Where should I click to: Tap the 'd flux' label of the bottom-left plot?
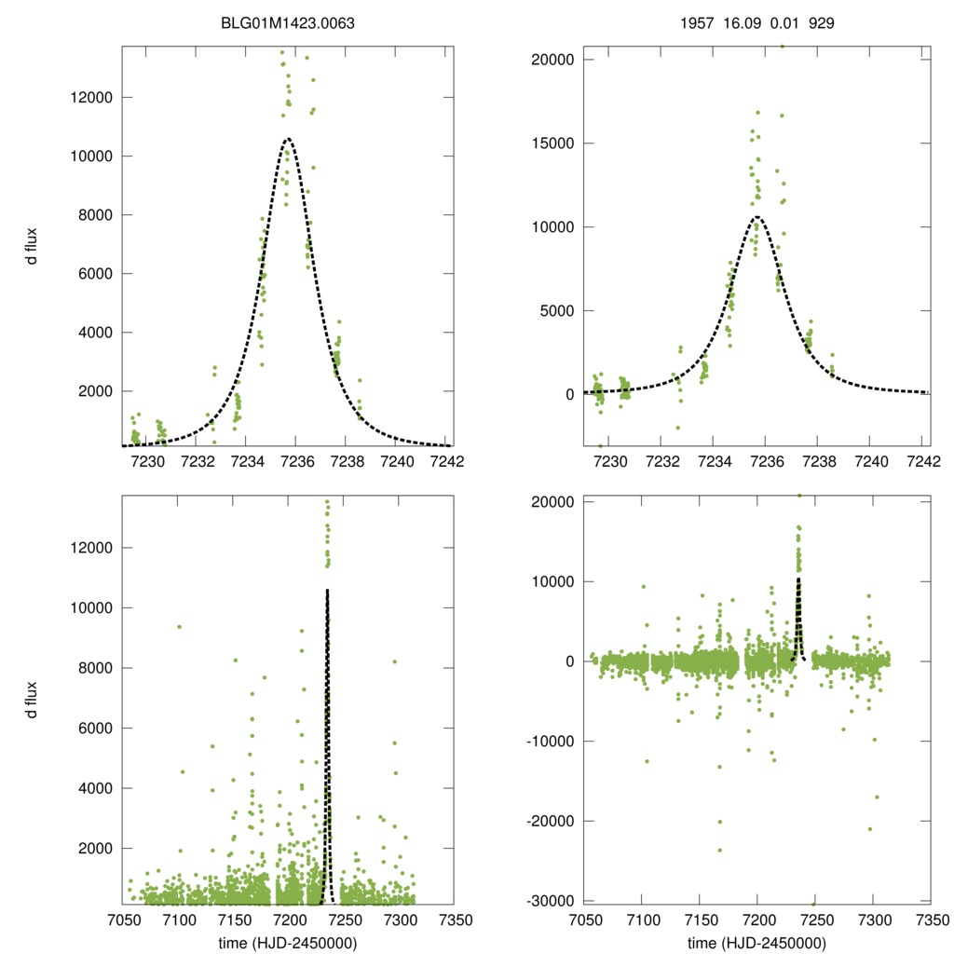point(33,699)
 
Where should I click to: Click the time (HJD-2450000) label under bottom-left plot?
point(288,942)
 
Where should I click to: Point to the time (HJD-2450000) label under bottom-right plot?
point(756,942)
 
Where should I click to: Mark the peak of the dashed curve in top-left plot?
point(288,139)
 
